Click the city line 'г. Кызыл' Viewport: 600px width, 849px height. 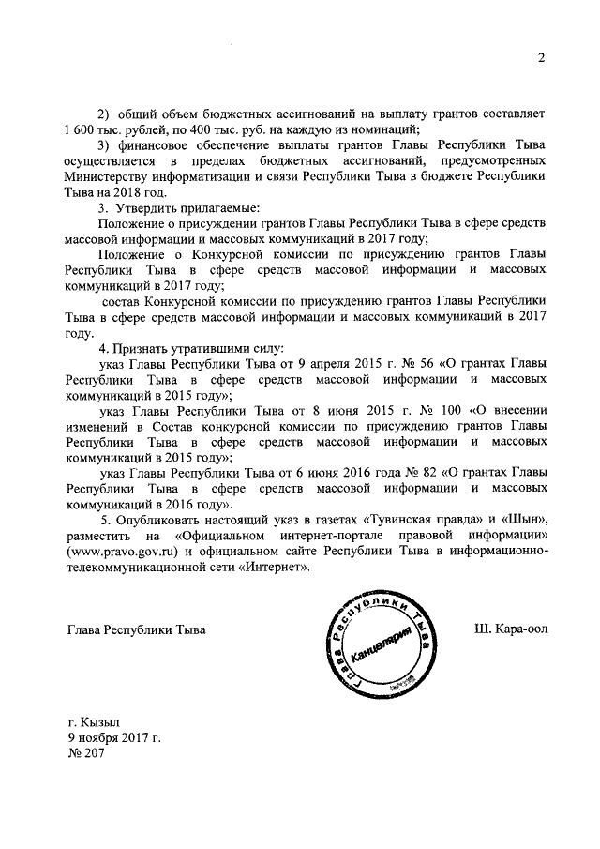tap(94, 724)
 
